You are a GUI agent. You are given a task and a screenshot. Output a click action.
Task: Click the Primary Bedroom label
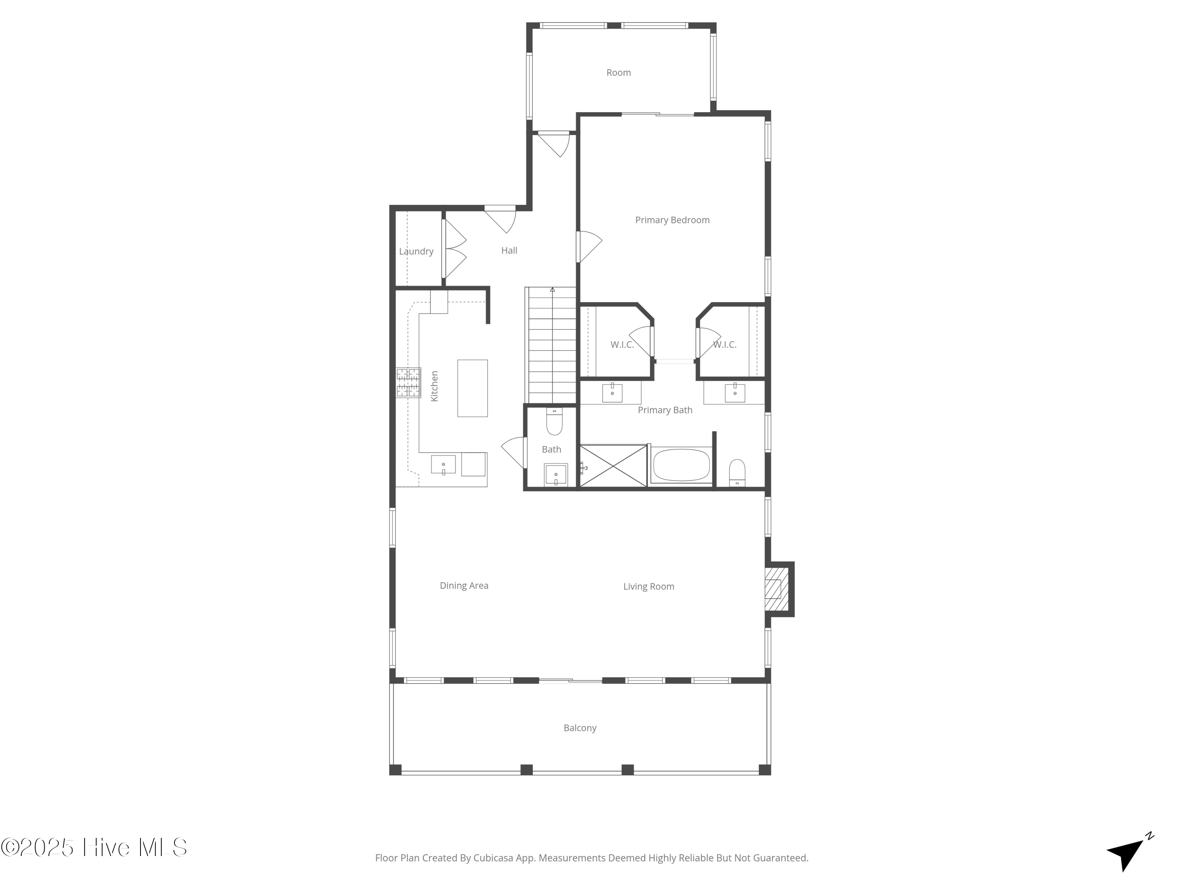[672, 220]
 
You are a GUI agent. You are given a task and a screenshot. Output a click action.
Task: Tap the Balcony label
[580, 728]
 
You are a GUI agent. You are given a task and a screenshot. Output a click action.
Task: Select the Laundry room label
[416, 251]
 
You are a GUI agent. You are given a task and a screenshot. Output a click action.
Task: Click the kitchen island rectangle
[472, 388]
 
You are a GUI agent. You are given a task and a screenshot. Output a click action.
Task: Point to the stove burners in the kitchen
[408, 382]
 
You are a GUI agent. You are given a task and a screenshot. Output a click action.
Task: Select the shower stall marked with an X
[613, 466]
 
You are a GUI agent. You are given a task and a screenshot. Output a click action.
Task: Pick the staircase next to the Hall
[552, 345]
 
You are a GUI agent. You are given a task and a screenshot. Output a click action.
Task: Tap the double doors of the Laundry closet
[454, 249]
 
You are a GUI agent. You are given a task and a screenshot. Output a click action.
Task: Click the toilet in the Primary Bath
[737, 472]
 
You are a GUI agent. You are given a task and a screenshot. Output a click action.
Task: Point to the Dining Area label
[464, 586]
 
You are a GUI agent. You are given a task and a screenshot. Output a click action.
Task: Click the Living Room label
[648, 586]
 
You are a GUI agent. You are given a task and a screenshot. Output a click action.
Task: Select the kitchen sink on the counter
[443, 465]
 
